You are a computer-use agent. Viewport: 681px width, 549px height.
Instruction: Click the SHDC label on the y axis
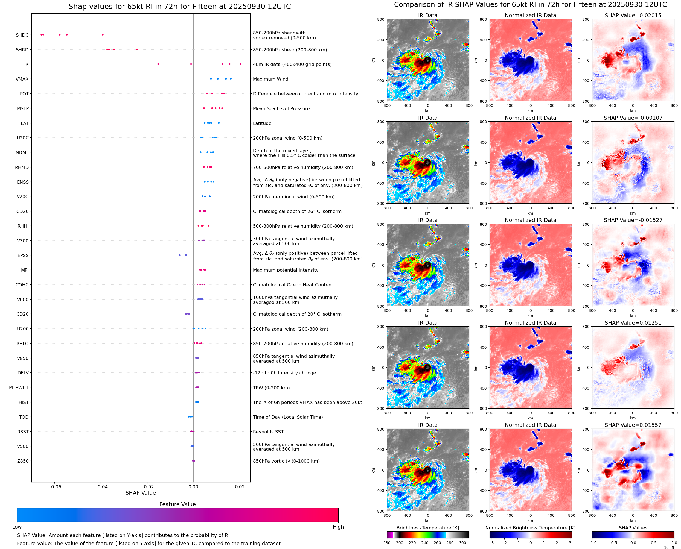coord(22,35)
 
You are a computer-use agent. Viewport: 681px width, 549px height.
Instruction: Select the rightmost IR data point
coord(240,64)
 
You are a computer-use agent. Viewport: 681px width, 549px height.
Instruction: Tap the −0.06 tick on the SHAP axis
coord(54,487)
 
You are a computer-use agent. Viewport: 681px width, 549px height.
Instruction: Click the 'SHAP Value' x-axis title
coord(141,493)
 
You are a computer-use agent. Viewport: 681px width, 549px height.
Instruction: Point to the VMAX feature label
coord(22,79)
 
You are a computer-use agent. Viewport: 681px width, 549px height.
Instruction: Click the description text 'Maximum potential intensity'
coord(286,270)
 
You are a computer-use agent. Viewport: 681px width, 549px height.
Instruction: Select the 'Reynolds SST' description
coord(268,432)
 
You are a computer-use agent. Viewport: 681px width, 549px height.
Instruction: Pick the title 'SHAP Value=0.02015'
coord(633,15)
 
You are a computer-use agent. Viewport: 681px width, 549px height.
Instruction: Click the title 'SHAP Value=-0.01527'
coord(633,220)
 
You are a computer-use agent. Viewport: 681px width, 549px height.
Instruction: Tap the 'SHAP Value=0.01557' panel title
coord(633,425)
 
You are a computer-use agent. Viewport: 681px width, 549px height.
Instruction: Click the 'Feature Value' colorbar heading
coord(177,504)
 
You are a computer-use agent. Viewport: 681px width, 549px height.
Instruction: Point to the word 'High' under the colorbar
coord(338,527)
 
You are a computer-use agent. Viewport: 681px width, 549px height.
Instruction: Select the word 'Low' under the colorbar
coord(17,527)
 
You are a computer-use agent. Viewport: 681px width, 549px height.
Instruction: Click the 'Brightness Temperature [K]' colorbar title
coord(427,528)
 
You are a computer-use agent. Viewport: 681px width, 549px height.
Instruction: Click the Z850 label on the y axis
coord(23,461)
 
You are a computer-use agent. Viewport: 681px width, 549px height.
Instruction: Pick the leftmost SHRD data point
coord(107,49)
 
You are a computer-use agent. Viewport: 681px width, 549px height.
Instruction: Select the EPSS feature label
coord(23,255)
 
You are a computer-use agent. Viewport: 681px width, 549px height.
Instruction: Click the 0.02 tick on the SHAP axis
coord(240,487)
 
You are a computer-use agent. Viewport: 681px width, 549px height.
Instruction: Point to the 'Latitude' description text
coord(262,123)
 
